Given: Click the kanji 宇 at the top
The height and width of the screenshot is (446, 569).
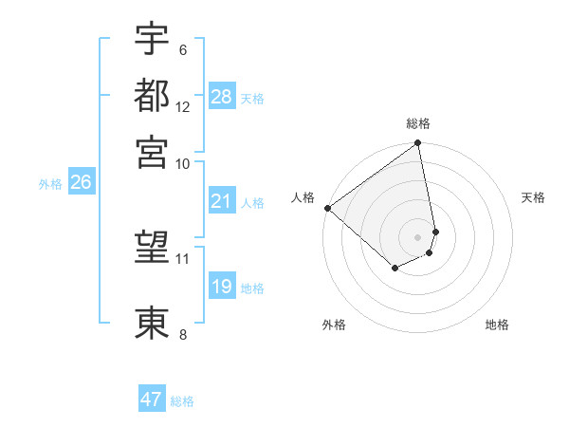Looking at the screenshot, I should coord(152,39).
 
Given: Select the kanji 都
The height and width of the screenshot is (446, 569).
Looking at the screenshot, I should coord(152,95).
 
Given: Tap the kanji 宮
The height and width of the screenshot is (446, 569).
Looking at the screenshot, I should coord(152,151).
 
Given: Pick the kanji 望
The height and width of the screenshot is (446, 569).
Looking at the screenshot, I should coord(152,249).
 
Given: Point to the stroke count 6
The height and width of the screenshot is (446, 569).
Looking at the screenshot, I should coord(182,49).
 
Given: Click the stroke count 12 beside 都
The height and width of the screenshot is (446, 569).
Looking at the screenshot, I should coord(183,106).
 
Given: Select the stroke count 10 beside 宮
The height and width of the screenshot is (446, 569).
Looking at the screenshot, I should coord(183,162).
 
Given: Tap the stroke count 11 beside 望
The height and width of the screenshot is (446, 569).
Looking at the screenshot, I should coord(183,258).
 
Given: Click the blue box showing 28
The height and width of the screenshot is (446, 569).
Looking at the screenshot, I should coord(222,97).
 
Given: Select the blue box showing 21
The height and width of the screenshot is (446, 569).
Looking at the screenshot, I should coord(222,201).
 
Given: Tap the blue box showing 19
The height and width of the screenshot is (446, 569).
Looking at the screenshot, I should coord(222,287).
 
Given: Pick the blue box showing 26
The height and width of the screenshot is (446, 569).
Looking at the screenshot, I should coord(81,183).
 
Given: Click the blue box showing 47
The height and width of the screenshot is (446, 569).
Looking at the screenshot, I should coord(152,400).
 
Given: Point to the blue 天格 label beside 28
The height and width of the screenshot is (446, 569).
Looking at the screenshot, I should coord(252,98).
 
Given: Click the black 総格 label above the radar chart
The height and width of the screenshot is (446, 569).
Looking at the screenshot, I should coord(418,123).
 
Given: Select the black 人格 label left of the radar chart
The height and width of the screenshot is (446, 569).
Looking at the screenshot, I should coord(303,197).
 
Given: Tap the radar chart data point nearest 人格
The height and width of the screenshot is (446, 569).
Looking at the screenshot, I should coord(327,208).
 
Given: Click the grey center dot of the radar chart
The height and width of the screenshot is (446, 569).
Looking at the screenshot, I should coord(418,236).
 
